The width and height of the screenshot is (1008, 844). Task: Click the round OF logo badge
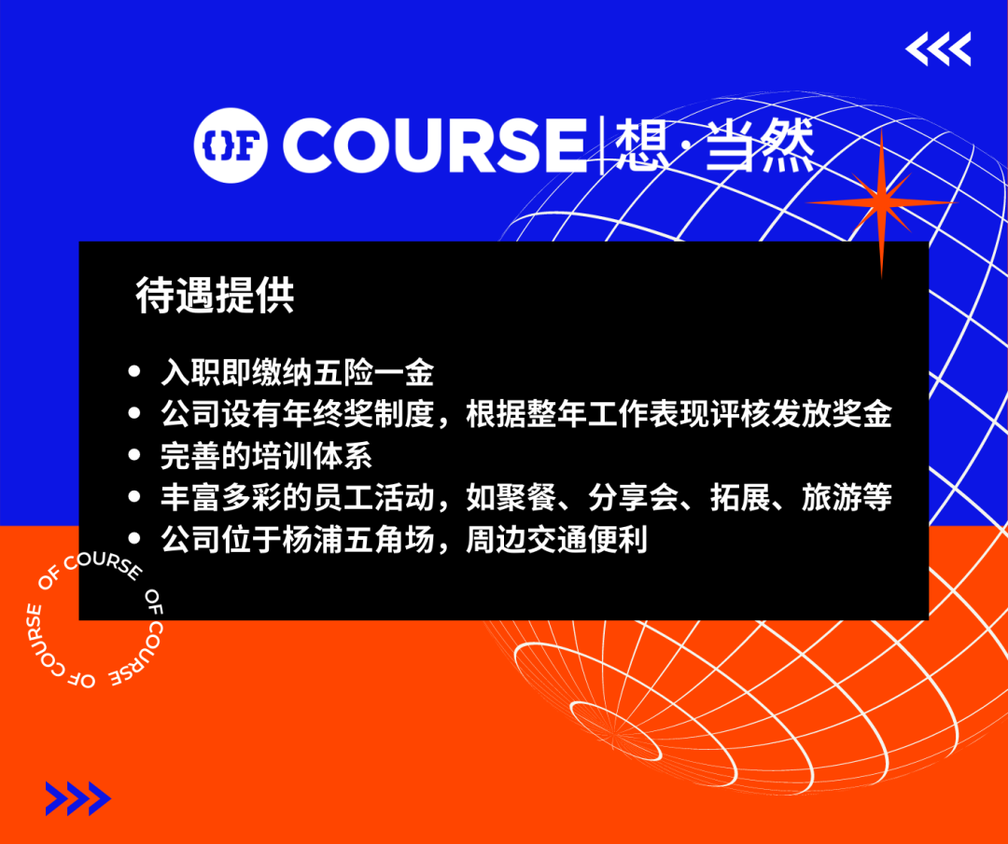[231, 145]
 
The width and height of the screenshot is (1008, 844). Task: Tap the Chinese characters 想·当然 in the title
[714, 145]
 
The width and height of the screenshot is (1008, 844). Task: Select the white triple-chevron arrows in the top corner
[938, 48]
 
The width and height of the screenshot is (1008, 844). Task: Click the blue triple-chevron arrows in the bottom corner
[78, 798]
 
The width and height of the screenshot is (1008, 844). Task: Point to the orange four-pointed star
[881, 203]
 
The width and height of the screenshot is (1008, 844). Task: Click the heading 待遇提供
[215, 296]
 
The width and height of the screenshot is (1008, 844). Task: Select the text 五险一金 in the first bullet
[373, 373]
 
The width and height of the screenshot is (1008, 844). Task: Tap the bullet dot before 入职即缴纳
[134, 371]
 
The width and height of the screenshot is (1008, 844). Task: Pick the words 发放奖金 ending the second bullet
[832, 414]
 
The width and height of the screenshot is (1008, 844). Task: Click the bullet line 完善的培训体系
[266, 456]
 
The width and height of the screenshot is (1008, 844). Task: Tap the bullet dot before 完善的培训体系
[134, 455]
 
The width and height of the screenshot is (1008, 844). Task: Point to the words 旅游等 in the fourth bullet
[847, 498]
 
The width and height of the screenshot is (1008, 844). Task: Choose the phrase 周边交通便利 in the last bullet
[556, 540]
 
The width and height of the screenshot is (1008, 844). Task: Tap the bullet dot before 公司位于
[134, 538]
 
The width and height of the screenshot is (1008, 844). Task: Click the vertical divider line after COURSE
[601, 145]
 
